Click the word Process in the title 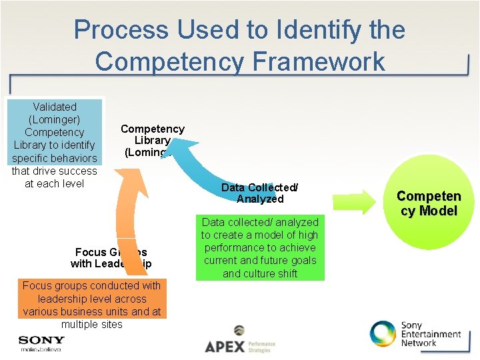tap(121, 30)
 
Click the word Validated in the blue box tap(55, 107)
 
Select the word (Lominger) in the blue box tap(55, 119)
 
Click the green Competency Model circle tap(429, 203)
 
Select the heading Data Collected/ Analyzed tap(260, 193)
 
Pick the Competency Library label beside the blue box tap(152, 140)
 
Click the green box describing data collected tap(260, 247)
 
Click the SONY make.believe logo tap(41, 343)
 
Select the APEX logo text tap(225, 346)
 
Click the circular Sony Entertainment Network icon tap(383, 334)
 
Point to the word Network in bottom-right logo tap(419, 343)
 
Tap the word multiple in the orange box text tap(79, 324)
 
